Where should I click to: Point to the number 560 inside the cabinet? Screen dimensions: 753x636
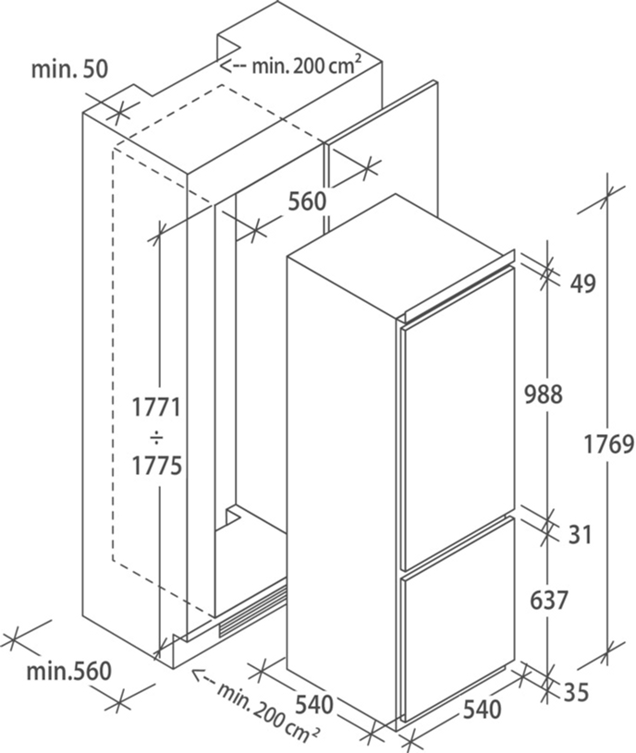[x=306, y=200]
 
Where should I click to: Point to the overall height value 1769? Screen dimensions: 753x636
[x=608, y=444]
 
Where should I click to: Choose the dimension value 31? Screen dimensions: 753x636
[x=579, y=534]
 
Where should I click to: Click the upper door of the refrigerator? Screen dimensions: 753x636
[x=458, y=416]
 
